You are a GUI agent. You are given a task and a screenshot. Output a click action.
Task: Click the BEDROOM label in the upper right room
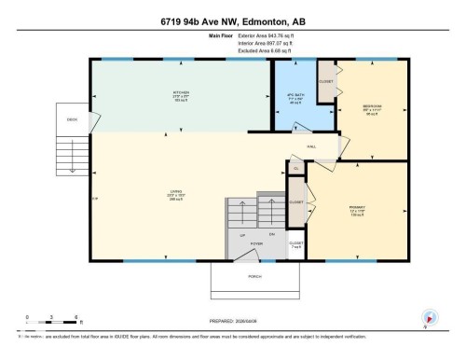tap(370, 107)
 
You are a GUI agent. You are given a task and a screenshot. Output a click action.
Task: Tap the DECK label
tap(71, 120)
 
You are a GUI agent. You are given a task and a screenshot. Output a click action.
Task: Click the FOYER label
tap(256, 242)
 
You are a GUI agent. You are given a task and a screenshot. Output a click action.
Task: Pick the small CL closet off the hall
tap(295, 167)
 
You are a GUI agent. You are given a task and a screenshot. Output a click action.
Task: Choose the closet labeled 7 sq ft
tap(295, 245)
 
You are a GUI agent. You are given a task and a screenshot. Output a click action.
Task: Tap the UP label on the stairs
tap(242, 234)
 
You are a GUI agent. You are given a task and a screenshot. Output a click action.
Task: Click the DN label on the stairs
tap(272, 233)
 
